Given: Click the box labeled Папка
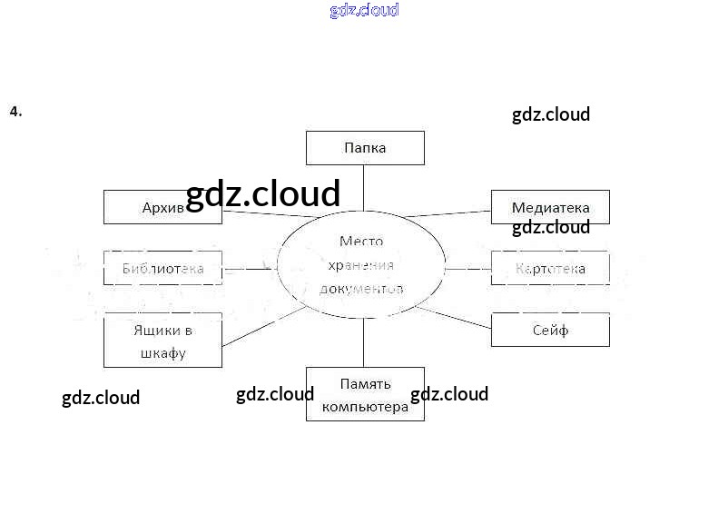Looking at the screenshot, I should [x=365, y=148].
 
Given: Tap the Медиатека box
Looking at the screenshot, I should [x=550, y=207].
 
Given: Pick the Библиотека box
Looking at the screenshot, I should [x=162, y=269].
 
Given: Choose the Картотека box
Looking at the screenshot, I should [x=550, y=269].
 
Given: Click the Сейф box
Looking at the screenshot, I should [x=550, y=330].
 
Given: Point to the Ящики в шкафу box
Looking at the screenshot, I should [x=162, y=341].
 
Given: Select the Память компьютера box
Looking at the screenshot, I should [x=365, y=394].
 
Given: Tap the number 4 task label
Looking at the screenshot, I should [x=15, y=112].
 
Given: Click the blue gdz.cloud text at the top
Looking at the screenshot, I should [x=364, y=11].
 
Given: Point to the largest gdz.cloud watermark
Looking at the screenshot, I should [x=262, y=193].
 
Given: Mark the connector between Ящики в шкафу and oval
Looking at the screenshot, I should [x=263, y=327].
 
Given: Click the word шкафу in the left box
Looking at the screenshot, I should [x=163, y=352].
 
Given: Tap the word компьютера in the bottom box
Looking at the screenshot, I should [x=365, y=407].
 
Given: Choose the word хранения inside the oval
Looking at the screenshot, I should [x=361, y=265].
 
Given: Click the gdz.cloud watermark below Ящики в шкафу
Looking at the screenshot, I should [x=101, y=398].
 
